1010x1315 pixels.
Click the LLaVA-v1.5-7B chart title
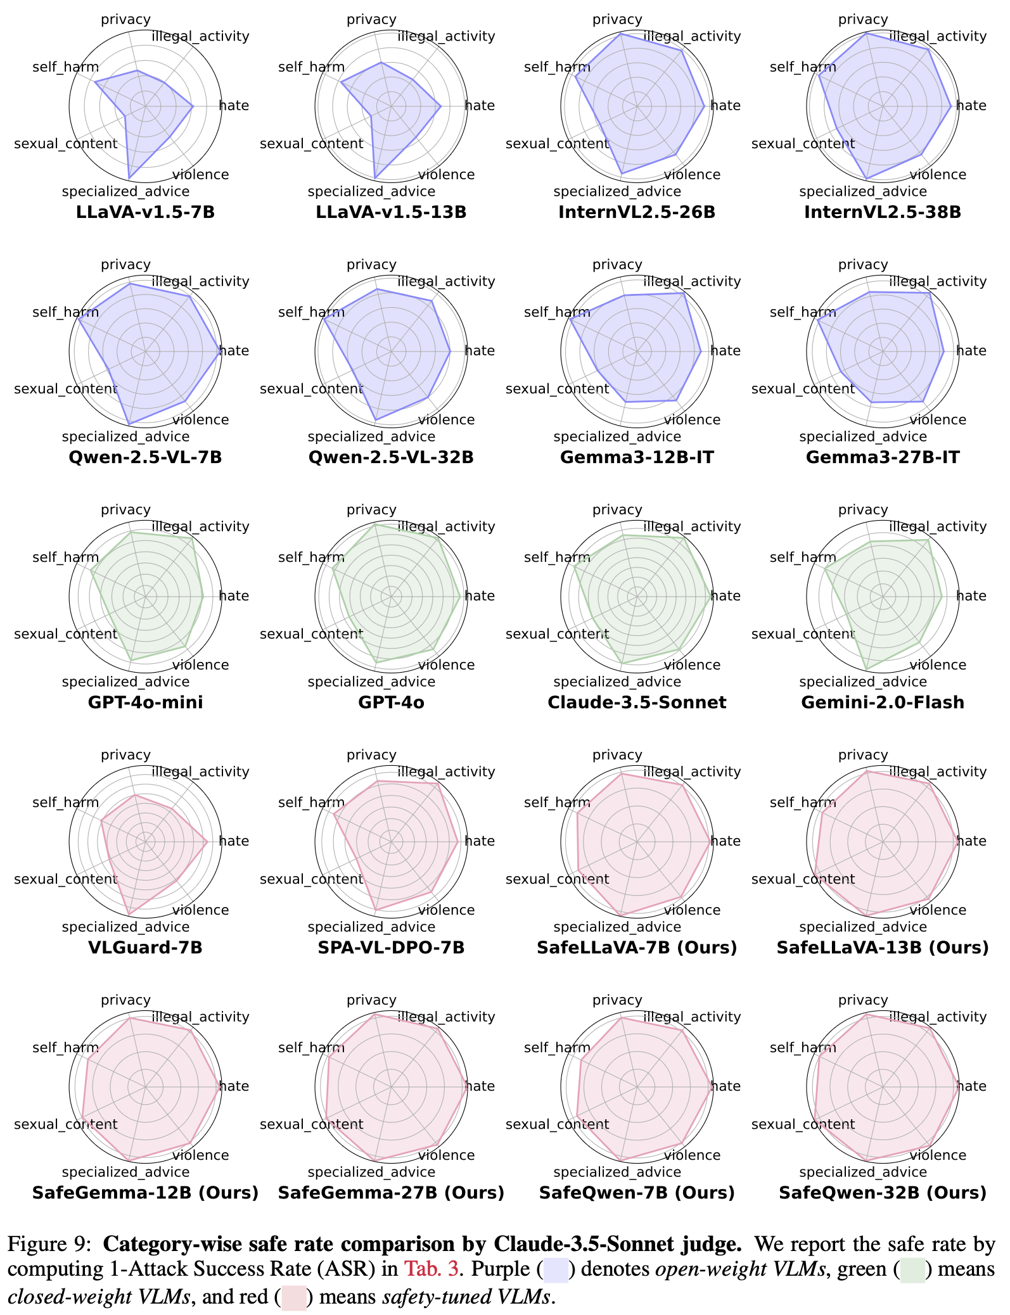tap(145, 212)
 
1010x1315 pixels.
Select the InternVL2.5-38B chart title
tap(883, 212)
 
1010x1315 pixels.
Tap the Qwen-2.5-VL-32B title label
tap(391, 457)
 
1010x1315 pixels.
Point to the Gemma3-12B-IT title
tap(637, 457)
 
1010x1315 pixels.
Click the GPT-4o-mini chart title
tap(145, 702)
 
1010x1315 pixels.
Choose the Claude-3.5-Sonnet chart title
tap(637, 702)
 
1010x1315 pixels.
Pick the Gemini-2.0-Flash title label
tap(883, 702)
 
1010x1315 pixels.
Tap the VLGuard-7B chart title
tap(145, 948)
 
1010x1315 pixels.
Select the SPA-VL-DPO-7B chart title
tap(391, 948)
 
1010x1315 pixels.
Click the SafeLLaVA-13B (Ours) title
tap(883, 948)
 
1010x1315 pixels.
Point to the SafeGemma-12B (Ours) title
tap(145, 1193)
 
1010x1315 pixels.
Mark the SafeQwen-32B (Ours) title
tap(883, 1193)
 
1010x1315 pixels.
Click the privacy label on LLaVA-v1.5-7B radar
tap(125, 20)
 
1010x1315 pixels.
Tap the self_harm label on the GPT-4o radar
tap(311, 557)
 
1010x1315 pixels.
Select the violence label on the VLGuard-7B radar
tap(200, 910)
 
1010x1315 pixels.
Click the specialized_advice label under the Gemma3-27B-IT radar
tap(862, 437)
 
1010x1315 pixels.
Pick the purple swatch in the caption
tap(556, 1271)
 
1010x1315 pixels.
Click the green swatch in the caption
tap(913, 1271)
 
